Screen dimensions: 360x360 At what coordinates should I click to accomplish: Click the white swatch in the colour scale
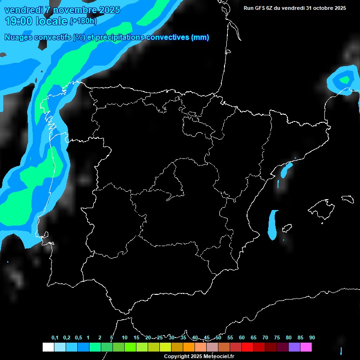tap(48, 347)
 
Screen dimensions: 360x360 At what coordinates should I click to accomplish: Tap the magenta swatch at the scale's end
tap(306, 347)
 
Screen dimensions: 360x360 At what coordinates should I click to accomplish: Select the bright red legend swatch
tap(247, 347)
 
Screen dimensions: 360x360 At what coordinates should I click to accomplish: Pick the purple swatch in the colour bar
tap(294, 347)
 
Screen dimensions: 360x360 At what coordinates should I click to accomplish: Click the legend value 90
tap(312, 338)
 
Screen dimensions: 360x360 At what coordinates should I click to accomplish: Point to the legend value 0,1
tap(55, 338)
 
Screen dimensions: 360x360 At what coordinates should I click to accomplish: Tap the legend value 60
tap(242, 338)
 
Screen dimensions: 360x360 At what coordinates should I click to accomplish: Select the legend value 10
tap(125, 338)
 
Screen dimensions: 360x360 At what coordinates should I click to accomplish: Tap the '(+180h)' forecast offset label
tap(83, 21)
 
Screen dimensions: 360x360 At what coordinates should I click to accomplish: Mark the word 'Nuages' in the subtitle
tap(18, 37)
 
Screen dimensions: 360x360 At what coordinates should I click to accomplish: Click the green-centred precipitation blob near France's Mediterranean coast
tap(345, 80)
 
